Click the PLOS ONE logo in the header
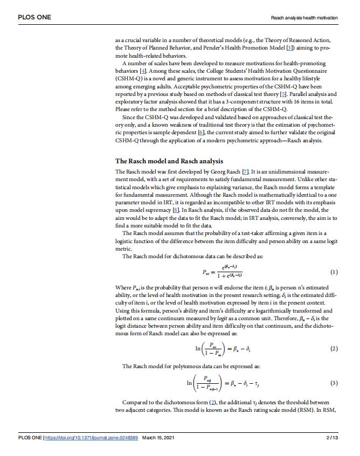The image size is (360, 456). (34, 17)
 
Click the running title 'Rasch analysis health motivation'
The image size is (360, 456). (304, 18)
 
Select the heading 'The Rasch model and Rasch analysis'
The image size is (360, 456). (169, 161)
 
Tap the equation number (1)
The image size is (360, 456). (334, 272)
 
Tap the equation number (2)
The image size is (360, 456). (334, 348)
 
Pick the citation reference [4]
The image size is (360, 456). (143, 71)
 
